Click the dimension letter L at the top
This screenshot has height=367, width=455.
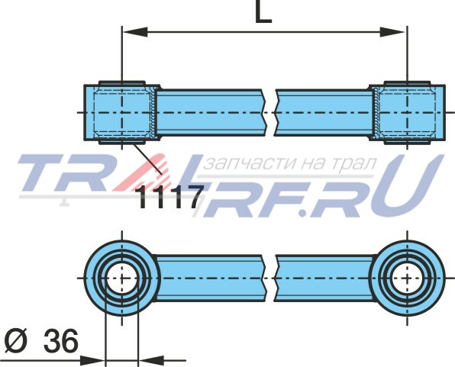pos(263,11)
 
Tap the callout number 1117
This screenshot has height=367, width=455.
pos(171,198)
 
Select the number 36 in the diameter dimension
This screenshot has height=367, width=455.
pos(61,341)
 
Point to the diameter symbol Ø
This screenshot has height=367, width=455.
pos(16,341)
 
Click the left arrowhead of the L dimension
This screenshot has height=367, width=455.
pos(135,32)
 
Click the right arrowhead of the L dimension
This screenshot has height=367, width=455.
pos(393,32)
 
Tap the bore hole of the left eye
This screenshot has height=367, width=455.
pos(122,278)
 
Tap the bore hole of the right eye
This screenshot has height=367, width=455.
pos(407,278)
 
